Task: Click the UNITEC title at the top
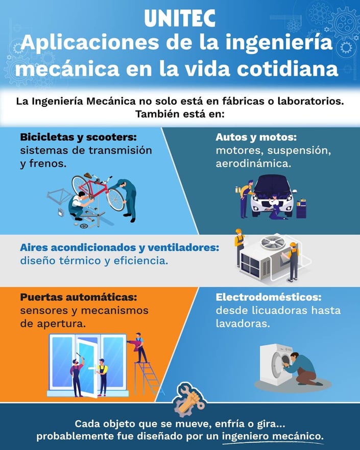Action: click(180, 18)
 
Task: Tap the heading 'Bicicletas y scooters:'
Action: click(78, 137)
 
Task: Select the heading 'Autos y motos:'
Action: click(256, 137)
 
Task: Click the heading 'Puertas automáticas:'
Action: click(79, 297)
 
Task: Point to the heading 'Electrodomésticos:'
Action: click(268, 297)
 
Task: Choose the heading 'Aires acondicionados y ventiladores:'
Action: click(119, 247)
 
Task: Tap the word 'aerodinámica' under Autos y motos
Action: click(253, 164)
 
